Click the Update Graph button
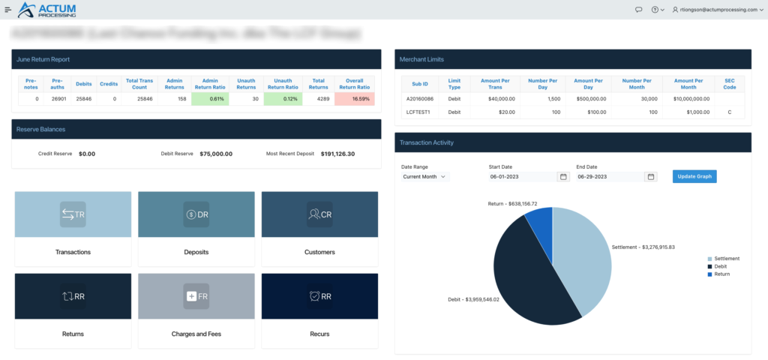pyautogui.click(x=694, y=176)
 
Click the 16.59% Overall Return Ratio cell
pyautogui.click(x=355, y=98)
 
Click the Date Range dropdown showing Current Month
pyautogui.click(x=424, y=177)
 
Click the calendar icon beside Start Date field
pyautogui.click(x=562, y=177)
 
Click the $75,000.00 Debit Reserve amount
pyautogui.click(x=216, y=154)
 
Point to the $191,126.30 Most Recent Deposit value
pyautogui.click(x=337, y=154)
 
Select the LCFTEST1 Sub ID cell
pyautogui.click(x=417, y=112)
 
